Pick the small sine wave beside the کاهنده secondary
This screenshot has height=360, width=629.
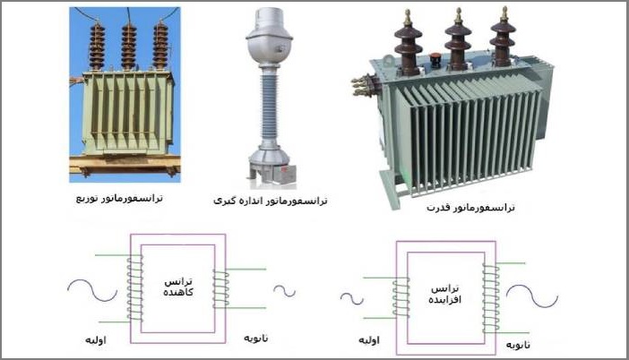pyautogui.click(x=285, y=290)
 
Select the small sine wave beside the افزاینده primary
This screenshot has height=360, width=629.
pyautogui.click(x=351, y=297)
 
